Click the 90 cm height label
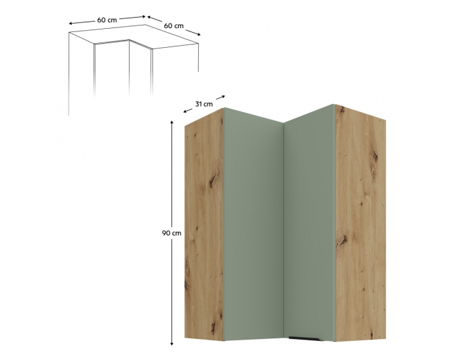point(171,233)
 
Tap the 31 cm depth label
point(204,103)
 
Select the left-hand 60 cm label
point(107,20)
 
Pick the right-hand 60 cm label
point(174,26)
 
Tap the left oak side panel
point(204,225)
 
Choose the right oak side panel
point(361,223)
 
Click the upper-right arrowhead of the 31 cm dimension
point(224,96)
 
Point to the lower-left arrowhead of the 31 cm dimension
point(185,111)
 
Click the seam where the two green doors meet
point(284,232)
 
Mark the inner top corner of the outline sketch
point(129,40)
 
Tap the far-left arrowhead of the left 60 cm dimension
point(71,24)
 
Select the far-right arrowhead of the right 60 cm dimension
point(199,35)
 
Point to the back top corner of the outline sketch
point(145,25)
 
